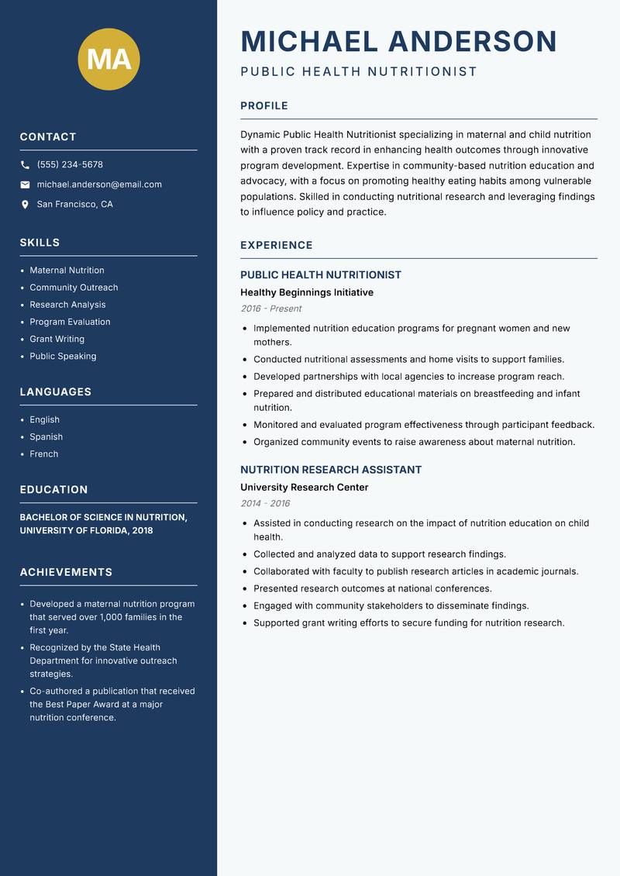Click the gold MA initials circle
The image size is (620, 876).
[109, 59]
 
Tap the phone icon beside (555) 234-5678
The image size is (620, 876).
[25, 165]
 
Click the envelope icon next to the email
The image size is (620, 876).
[25, 185]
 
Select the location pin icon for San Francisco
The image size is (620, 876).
[25, 205]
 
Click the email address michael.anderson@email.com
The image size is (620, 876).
[99, 185]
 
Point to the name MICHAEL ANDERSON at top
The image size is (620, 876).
[398, 41]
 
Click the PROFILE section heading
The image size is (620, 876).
[264, 106]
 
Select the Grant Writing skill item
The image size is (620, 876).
[57, 339]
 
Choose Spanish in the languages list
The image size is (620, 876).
[46, 436]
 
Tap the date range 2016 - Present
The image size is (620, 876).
[270, 309]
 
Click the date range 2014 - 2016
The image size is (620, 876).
[265, 504]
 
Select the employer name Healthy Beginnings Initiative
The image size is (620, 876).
[307, 292]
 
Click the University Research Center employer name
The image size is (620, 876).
[304, 488]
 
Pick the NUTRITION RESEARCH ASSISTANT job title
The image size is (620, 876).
[331, 470]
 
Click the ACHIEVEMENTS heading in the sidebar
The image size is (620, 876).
[66, 572]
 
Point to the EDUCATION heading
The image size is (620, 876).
[53, 490]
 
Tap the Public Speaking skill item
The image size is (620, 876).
[63, 356]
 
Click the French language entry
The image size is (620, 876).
[43, 454]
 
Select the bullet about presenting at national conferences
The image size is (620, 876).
[372, 588]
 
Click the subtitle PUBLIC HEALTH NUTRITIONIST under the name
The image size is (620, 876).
[359, 72]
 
